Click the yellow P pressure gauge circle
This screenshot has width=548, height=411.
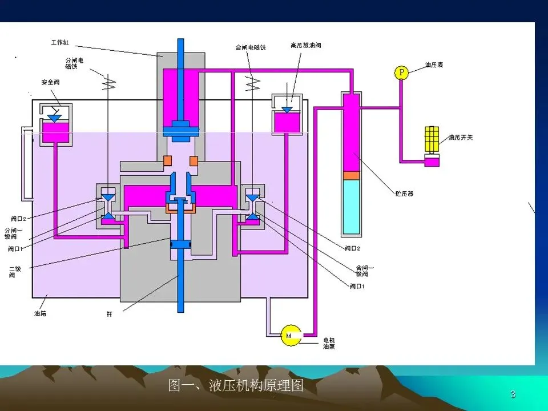point(402,72)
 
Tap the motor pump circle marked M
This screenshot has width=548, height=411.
point(291,336)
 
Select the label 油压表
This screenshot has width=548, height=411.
point(434,65)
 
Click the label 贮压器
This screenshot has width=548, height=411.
point(404,194)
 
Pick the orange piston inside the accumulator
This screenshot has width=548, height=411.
point(351,174)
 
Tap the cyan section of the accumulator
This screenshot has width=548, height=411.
point(351,205)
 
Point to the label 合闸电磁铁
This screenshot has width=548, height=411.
point(251,47)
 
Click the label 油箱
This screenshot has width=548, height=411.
point(41,313)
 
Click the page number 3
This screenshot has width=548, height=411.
point(513,394)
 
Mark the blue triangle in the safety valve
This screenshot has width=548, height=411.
point(55,118)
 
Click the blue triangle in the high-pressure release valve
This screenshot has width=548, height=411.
point(287,109)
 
